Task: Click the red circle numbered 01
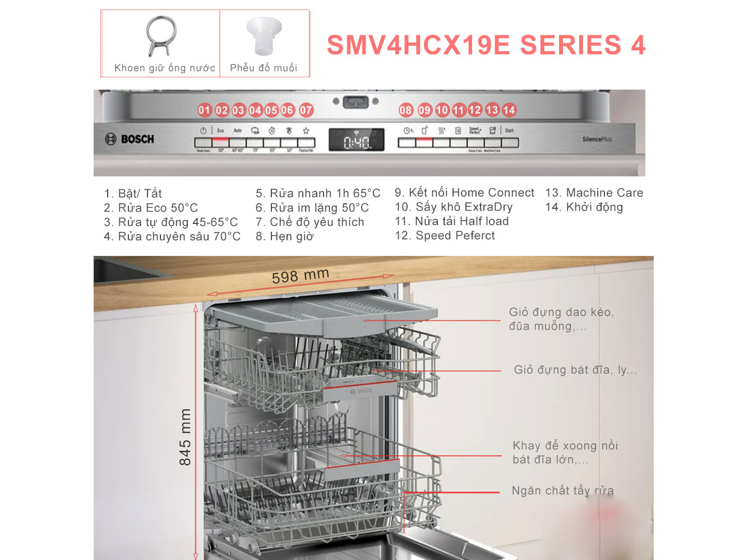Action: (x=204, y=110)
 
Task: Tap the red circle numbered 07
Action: (x=306, y=110)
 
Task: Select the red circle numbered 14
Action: (x=509, y=110)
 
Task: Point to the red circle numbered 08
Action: (x=405, y=110)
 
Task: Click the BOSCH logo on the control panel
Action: (x=130, y=139)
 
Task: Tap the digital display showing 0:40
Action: (x=356, y=140)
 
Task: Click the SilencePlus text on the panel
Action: (x=597, y=139)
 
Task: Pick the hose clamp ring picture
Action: (x=161, y=36)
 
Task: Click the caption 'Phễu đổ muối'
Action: (x=264, y=68)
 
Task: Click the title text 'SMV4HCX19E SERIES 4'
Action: (x=486, y=45)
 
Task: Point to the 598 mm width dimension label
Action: (x=300, y=276)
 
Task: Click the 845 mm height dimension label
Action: (x=185, y=437)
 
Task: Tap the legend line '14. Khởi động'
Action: (x=584, y=207)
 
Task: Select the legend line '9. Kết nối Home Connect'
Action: (x=464, y=193)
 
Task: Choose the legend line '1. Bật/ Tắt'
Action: (x=133, y=194)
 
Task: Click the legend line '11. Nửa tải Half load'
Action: (x=452, y=221)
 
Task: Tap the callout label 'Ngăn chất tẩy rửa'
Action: (x=562, y=491)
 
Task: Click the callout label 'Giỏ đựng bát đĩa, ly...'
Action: (x=575, y=370)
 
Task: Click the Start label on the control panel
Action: (x=509, y=130)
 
